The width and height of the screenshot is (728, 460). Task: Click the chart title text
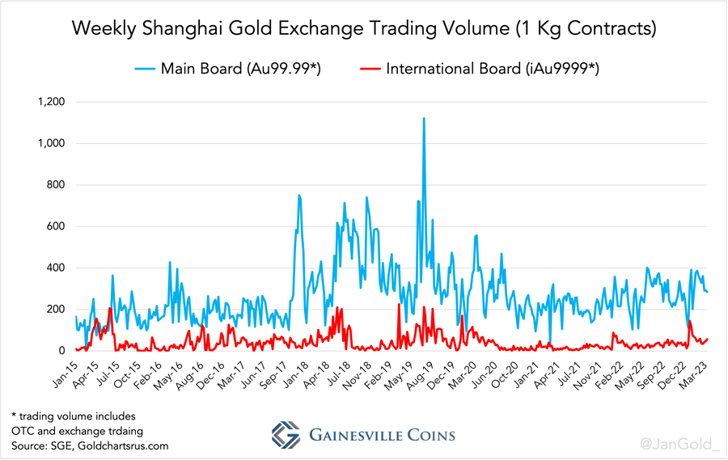tap(363, 29)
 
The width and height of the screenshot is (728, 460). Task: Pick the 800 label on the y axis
tap(53, 185)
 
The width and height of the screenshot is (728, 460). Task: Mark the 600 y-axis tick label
tap(53, 226)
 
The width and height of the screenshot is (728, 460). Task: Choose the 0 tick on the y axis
tap(60, 351)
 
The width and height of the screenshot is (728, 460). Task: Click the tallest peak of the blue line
tap(424, 119)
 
